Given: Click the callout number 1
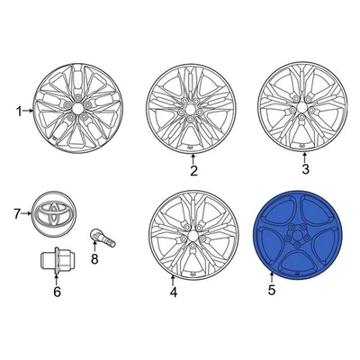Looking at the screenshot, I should (x=18, y=112).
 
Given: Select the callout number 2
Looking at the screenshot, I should (x=193, y=170).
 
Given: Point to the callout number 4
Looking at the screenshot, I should (x=174, y=292).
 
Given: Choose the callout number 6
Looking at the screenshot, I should (x=56, y=291).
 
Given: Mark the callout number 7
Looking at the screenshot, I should (x=16, y=213).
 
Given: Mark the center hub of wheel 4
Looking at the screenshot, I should (x=191, y=233).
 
